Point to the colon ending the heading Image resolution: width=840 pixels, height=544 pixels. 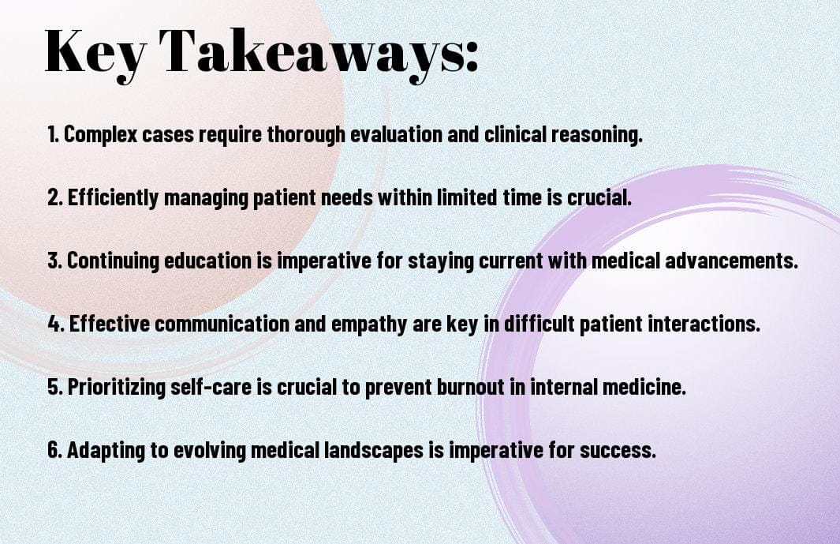(x=472, y=58)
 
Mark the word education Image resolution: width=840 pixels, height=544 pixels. (x=207, y=261)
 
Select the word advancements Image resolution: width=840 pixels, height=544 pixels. (x=731, y=261)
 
